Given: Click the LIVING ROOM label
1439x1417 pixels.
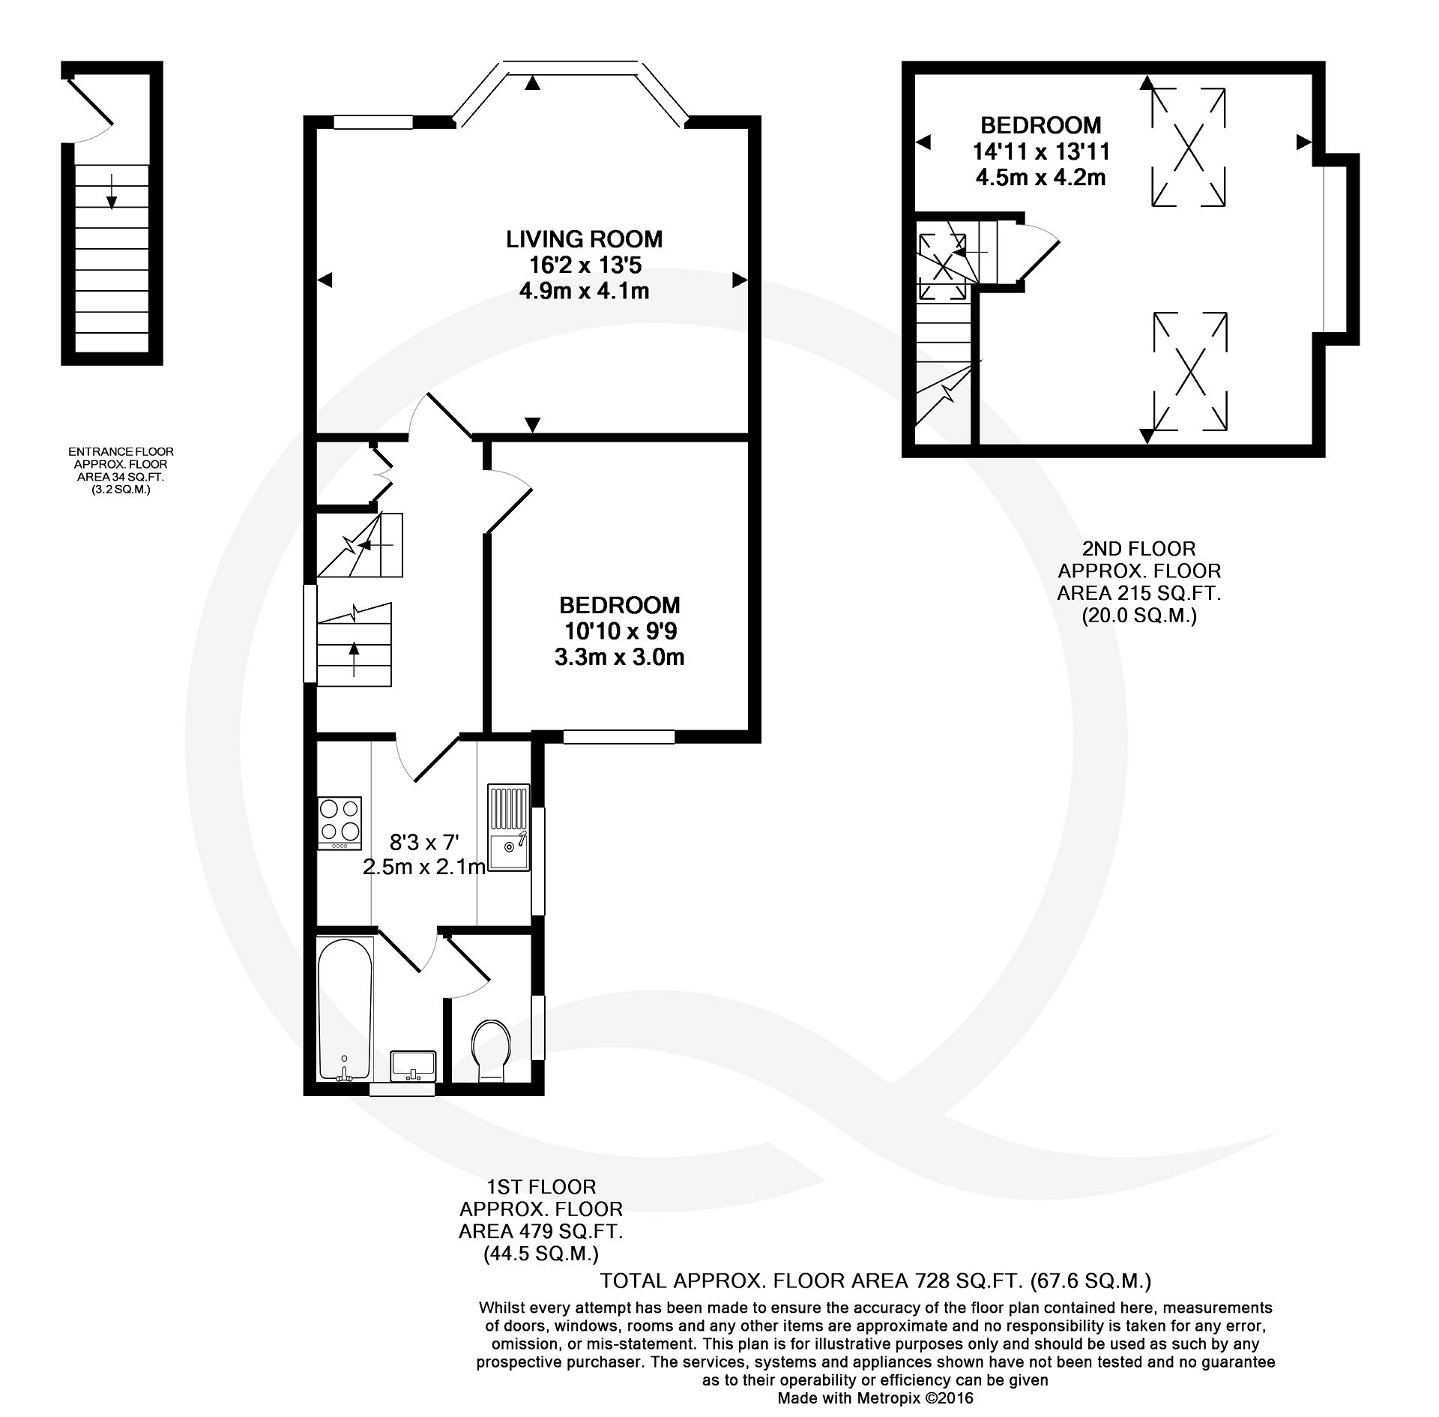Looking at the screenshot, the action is click(584, 239).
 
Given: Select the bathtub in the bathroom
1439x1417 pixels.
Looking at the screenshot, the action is click(345, 1008).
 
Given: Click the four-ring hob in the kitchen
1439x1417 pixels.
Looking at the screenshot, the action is click(340, 823).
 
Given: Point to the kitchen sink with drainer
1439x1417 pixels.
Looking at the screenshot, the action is click(509, 828).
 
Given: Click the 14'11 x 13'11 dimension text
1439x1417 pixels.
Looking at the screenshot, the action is click(1041, 151).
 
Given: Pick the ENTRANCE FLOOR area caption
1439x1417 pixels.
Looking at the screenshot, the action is click(121, 471).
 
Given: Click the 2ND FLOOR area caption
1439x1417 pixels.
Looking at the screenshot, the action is click(1138, 583).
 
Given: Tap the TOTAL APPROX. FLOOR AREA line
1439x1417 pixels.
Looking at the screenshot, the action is click(875, 1280).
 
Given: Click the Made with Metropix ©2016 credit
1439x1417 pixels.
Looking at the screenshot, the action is click(875, 1398).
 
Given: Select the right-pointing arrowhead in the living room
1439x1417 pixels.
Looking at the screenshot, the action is click(740, 280).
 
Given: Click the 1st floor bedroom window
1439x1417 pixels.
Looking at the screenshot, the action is click(619, 737).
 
